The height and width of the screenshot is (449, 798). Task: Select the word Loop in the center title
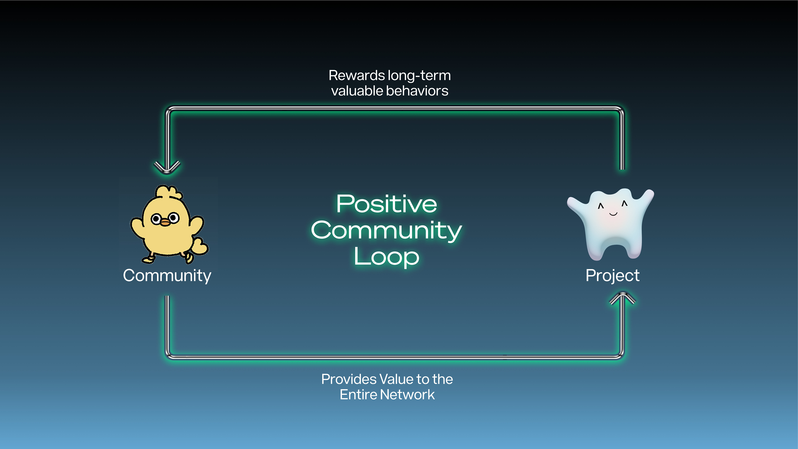click(x=387, y=257)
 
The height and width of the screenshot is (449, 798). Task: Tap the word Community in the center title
click(x=387, y=231)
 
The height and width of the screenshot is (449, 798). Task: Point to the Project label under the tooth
click(x=612, y=276)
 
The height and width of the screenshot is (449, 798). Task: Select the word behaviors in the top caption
click(x=417, y=91)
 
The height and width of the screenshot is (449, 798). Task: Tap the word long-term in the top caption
click(x=419, y=76)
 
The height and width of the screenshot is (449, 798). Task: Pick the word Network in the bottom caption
click(x=407, y=394)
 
